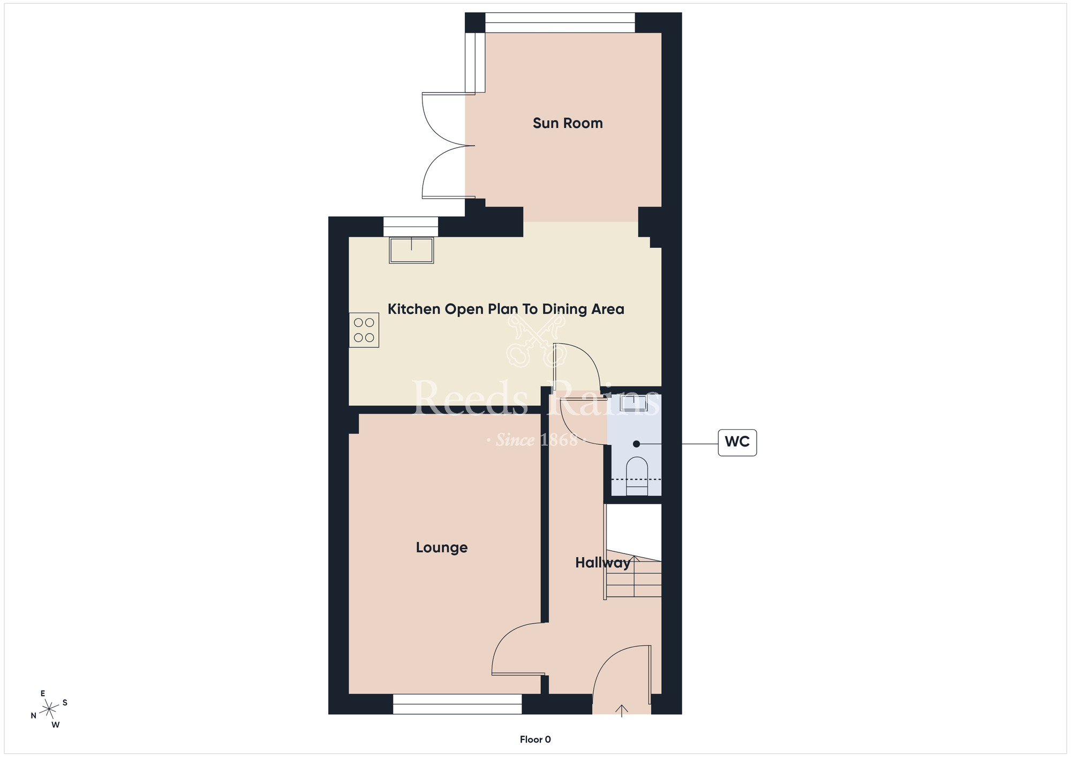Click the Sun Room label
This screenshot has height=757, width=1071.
568,123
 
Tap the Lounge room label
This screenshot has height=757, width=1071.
442,547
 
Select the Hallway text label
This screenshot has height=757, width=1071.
602,563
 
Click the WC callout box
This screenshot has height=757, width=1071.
737,442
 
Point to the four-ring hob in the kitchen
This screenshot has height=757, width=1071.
364,330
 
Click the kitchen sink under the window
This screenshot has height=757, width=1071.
411,251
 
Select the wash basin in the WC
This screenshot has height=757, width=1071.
634,403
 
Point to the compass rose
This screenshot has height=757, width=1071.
49,709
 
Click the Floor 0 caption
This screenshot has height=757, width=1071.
535,739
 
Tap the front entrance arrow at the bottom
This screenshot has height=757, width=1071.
621,710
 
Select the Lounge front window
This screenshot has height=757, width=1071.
457,704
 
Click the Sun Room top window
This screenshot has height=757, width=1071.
560,22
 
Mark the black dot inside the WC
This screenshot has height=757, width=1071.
636,444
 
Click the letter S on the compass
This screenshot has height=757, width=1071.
65,702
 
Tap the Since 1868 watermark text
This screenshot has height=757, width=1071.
536,440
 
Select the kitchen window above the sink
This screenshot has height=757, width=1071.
411,226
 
